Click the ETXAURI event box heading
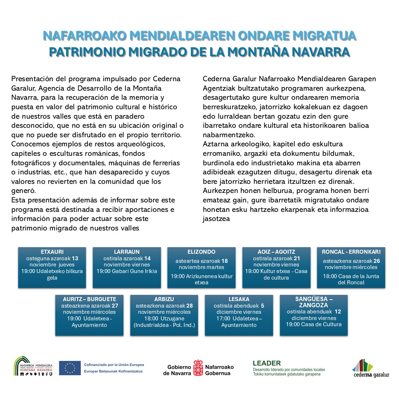(52, 252)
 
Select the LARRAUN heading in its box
(127, 252)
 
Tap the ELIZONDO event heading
(201, 252)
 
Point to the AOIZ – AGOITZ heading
(276, 252)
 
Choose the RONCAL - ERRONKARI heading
(351, 252)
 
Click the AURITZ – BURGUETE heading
(89, 299)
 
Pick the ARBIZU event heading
(164, 299)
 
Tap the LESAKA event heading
(239, 299)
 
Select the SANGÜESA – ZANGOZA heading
(313, 302)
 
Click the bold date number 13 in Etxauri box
(75, 258)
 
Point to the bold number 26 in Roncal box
(376, 261)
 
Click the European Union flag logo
(70, 368)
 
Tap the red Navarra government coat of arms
(198, 368)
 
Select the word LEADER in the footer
(266, 363)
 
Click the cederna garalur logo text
(371, 375)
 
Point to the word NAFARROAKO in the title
(84, 36)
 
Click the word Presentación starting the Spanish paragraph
(32, 79)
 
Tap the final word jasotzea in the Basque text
(216, 219)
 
